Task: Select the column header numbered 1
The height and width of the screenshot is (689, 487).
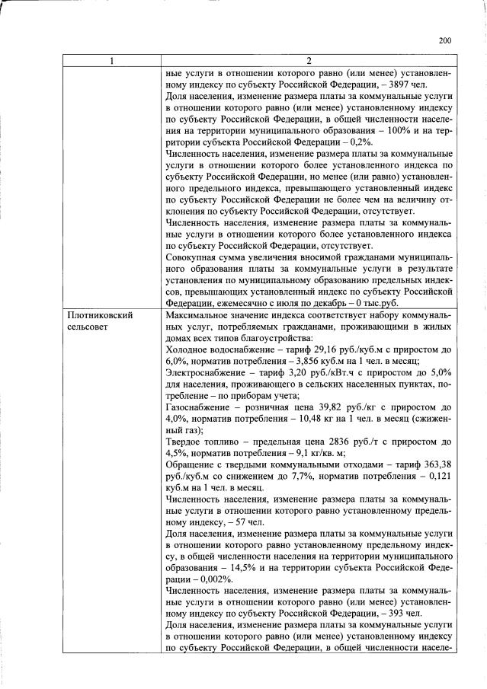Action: pos(113,62)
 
